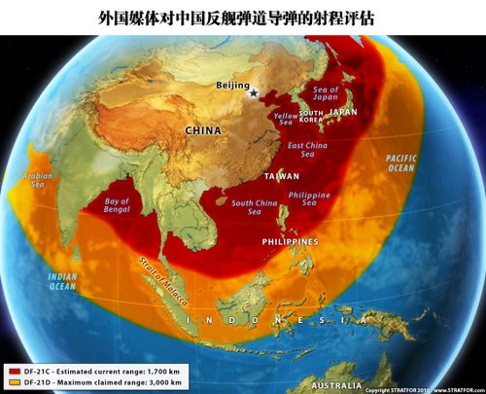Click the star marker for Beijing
(x=254, y=94)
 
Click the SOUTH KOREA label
(x=311, y=119)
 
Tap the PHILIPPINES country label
(x=290, y=240)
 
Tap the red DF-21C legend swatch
(x=14, y=371)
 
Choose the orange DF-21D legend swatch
(x=14, y=382)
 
